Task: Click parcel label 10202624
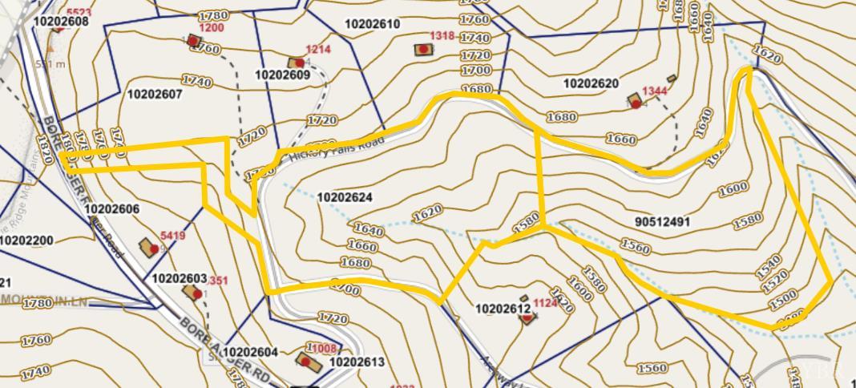click(345, 198)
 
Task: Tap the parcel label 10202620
click(591, 84)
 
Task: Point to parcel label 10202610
click(372, 25)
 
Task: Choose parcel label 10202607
click(155, 95)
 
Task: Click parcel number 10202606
click(112, 210)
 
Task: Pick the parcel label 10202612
click(503, 309)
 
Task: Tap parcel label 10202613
click(357, 362)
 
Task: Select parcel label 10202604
click(250, 353)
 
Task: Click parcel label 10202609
click(282, 75)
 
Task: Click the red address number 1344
click(654, 91)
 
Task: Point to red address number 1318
click(442, 36)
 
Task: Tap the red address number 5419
click(172, 236)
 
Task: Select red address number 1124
click(545, 303)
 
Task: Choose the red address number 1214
click(318, 50)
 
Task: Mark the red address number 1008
click(323, 349)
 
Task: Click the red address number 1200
click(211, 28)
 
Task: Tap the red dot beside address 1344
click(636, 104)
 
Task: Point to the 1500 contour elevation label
click(782, 303)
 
